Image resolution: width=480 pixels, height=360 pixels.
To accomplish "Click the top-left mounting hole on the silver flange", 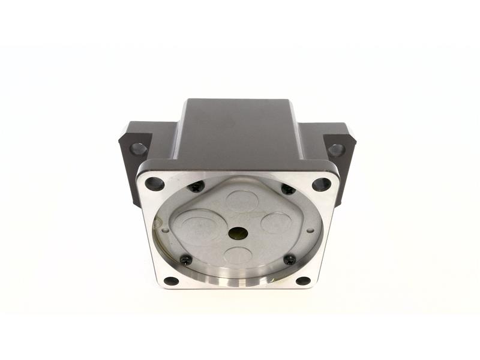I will click(154, 184).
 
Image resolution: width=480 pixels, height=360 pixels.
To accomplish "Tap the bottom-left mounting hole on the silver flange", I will click(172, 281).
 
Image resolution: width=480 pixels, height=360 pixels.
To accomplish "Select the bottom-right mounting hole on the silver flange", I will click(304, 281).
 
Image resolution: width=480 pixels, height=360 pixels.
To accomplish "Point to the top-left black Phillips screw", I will click(196, 188).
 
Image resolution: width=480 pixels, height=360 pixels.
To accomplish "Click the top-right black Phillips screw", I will click(288, 190).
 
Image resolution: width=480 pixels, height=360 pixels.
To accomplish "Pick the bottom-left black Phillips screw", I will click(187, 260).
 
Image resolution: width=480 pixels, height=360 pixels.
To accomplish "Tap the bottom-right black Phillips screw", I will click(290, 260).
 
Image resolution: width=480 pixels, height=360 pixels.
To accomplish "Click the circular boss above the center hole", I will click(241, 202).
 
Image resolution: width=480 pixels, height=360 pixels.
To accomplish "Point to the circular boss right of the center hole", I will click(276, 223).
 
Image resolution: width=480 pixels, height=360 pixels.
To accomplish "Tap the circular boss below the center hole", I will click(238, 256).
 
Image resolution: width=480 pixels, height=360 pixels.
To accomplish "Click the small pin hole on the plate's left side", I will click(165, 229).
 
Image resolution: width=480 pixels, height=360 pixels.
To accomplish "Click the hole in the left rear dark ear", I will click(139, 148).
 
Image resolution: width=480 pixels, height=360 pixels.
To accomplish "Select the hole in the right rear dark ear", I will click(337, 149).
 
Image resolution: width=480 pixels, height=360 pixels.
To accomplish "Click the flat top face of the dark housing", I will click(238, 129).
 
